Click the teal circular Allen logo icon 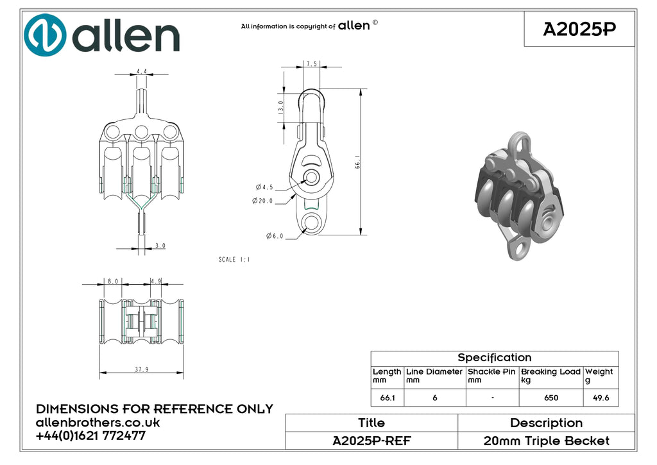tap(45, 35)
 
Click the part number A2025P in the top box tap(579, 29)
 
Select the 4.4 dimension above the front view tap(142, 71)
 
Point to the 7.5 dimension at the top tap(311, 63)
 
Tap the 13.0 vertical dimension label tap(281, 107)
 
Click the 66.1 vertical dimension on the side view tap(357, 162)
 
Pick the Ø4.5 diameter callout tap(264, 187)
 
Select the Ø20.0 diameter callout tap(262, 201)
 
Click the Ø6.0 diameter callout tap(275, 236)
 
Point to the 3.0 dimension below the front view tap(160, 246)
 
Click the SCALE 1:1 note tap(234, 259)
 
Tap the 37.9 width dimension tap(142, 369)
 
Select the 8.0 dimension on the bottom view tap(113, 281)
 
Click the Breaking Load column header tap(550, 375)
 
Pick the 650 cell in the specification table tap(551, 398)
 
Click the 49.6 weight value tap(601, 398)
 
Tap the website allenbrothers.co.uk tap(98, 422)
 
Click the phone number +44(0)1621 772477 tap(90, 435)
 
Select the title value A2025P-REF tap(371, 441)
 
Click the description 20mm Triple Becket tap(547, 441)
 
